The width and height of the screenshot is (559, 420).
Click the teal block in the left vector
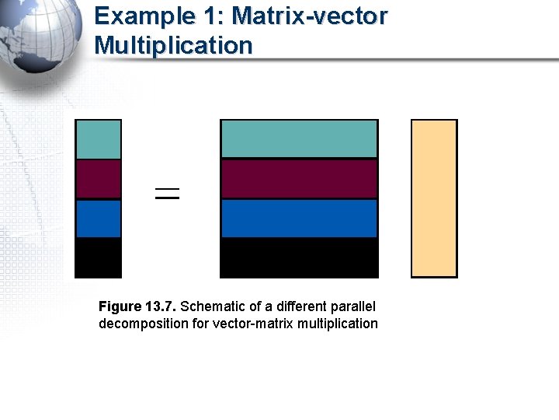pos(98,139)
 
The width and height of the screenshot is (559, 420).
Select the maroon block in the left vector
pos(98,179)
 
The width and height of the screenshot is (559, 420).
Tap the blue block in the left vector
pos(98,219)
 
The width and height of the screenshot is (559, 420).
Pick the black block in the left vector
pos(98,257)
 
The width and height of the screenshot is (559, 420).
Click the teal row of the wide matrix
pos(299,139)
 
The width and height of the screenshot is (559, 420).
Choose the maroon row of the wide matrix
pos(299,179)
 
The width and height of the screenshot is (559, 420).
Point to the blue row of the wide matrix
pos(299,219)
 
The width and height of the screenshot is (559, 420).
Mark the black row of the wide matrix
pos(299,257)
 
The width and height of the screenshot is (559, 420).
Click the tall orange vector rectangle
pos(434,198)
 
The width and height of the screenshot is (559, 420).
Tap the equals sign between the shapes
pos(167,194)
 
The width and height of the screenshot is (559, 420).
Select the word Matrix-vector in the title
pos(310,16)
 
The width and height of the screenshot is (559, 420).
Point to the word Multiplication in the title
pos(173,45)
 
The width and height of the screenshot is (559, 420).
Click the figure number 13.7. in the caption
pos(160,306)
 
